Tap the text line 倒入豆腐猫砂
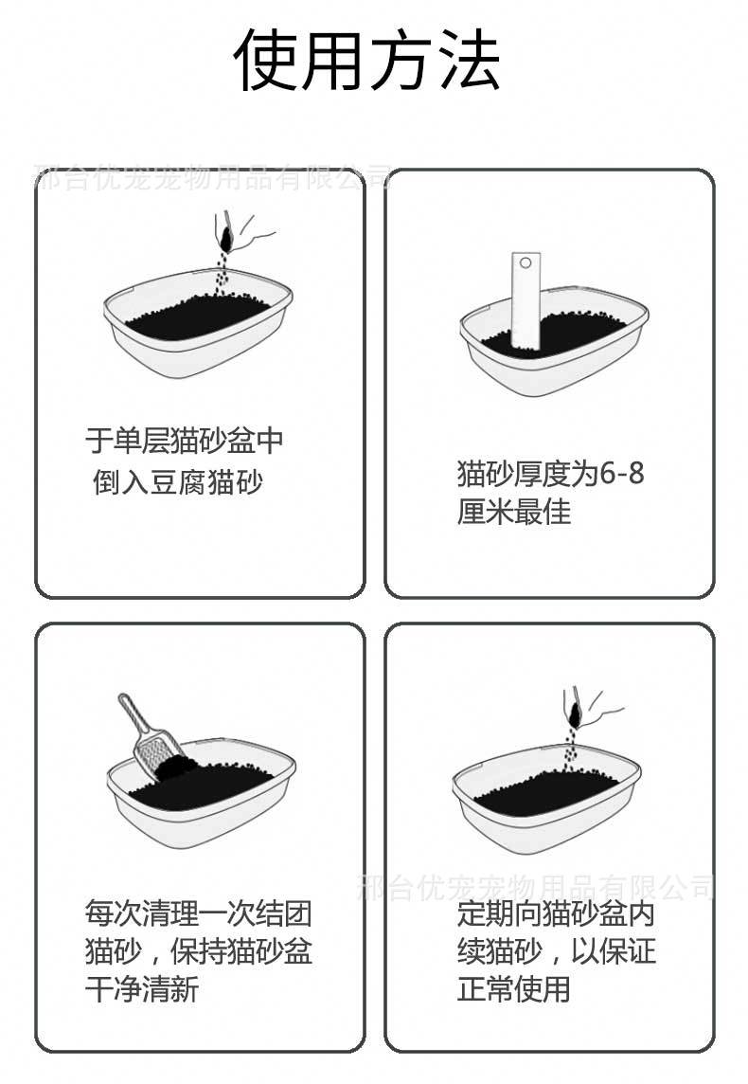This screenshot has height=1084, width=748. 178,481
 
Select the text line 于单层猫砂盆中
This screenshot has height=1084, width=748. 184,441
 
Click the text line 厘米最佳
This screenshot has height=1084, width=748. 514,512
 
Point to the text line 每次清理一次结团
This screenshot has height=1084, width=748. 198,914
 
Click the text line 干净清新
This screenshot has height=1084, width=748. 142,990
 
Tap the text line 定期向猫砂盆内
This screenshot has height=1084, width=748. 556,914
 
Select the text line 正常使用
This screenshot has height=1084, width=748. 514,990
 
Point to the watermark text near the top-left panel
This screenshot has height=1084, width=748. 212,176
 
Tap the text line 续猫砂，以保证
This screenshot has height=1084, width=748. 556,951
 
